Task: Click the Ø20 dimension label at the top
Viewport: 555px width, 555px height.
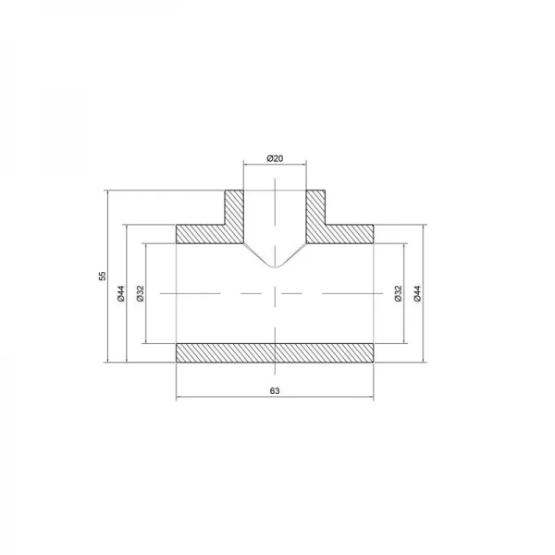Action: click(x=275, y=159)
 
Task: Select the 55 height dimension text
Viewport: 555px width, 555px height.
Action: click(x=103, y=276)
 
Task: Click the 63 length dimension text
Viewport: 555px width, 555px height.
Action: click(x=275, y=391)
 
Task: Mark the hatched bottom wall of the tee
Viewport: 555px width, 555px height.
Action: click(x=275, y=352)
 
